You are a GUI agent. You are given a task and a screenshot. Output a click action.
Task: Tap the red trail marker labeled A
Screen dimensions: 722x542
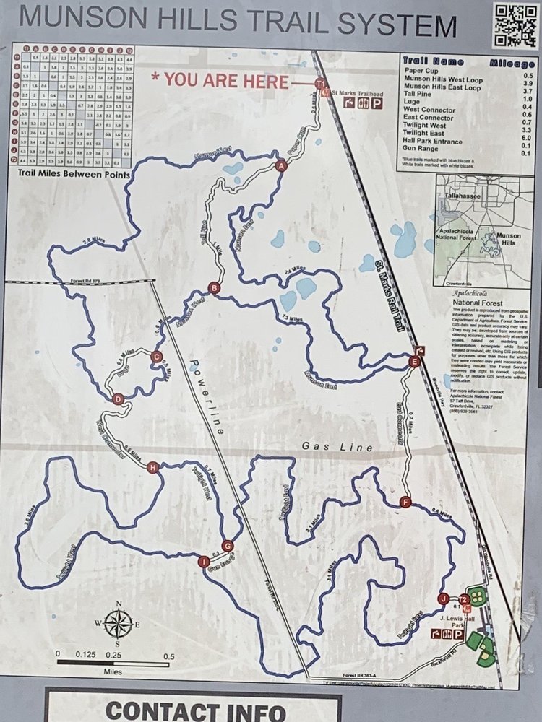[281, 166]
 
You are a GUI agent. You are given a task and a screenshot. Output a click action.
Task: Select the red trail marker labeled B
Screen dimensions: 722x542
[213, 287]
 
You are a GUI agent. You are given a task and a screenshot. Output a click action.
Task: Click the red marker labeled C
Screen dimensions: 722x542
[156, 355]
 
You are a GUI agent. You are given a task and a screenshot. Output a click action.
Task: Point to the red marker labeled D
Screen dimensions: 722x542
[119, 399]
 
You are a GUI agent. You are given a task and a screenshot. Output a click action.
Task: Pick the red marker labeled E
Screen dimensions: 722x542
[413, 361]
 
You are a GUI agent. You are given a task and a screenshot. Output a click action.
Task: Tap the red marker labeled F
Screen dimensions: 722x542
[405, 503]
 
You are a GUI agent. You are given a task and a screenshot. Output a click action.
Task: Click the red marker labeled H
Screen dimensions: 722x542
[152, 467]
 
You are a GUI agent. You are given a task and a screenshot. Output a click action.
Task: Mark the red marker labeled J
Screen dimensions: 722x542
[443, 598]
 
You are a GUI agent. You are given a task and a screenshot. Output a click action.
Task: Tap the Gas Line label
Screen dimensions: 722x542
[348, 448]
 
